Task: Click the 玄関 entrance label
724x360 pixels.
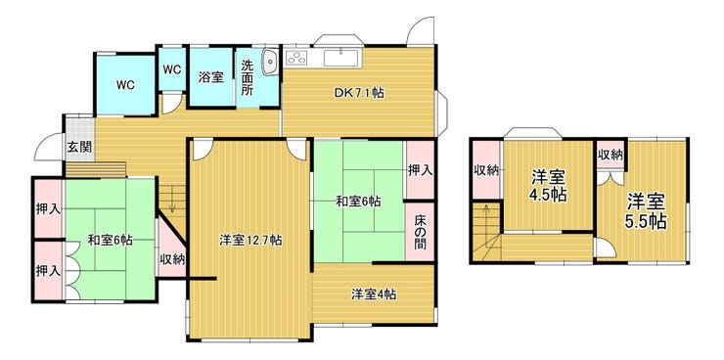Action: (80, 148)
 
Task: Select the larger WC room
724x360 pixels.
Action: (125, 85)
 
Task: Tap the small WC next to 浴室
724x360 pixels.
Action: (172, 69)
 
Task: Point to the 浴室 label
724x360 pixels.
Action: (211, 76)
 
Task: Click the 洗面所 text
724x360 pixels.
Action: (247, 76)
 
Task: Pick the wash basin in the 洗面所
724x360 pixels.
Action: (270, 63)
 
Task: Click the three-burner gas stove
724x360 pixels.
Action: (296, 58)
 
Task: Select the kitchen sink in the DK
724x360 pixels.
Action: (340, 58)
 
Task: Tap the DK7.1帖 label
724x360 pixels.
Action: (359, 93)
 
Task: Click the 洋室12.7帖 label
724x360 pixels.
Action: (250, 240)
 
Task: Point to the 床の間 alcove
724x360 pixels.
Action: (420, 232)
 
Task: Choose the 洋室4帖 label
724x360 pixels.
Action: (374, 294)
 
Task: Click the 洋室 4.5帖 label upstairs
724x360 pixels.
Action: (549, 186)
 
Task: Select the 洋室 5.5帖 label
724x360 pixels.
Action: (646, 211)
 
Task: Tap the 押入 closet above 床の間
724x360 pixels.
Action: (420, 170)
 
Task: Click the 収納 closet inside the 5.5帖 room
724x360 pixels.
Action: (610, 156)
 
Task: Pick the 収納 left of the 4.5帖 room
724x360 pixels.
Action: (486, 170)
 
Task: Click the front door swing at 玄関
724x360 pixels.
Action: (49, 147)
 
